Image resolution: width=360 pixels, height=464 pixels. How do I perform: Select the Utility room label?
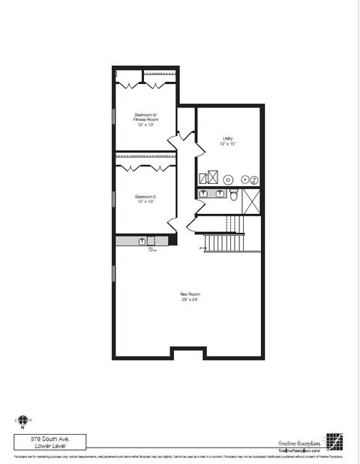(227, 138)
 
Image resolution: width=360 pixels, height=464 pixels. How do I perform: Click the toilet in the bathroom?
(234, 195)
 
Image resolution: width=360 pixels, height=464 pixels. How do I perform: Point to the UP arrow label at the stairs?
(200, 248)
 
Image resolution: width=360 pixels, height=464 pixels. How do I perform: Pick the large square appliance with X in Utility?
(212, 178)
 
